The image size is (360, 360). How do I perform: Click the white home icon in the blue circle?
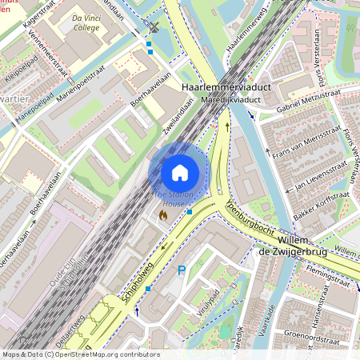click(180, 172)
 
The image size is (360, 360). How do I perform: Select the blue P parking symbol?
click(182, 270)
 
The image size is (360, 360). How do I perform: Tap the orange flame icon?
click(163, 215)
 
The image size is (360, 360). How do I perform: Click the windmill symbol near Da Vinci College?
click(154, 27)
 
